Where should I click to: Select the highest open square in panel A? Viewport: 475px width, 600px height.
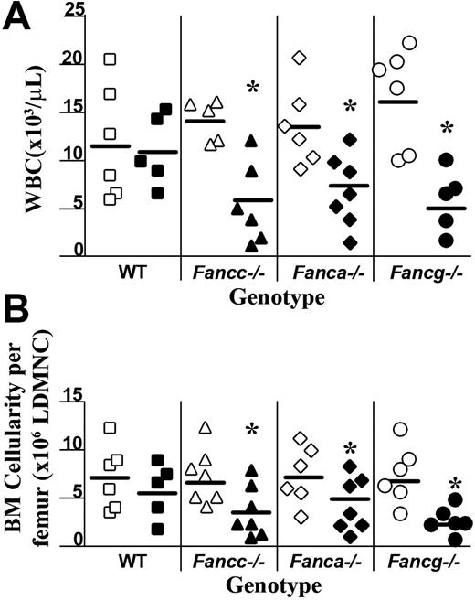tap(110, 59)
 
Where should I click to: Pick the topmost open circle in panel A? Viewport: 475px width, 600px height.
tap(410, 43)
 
